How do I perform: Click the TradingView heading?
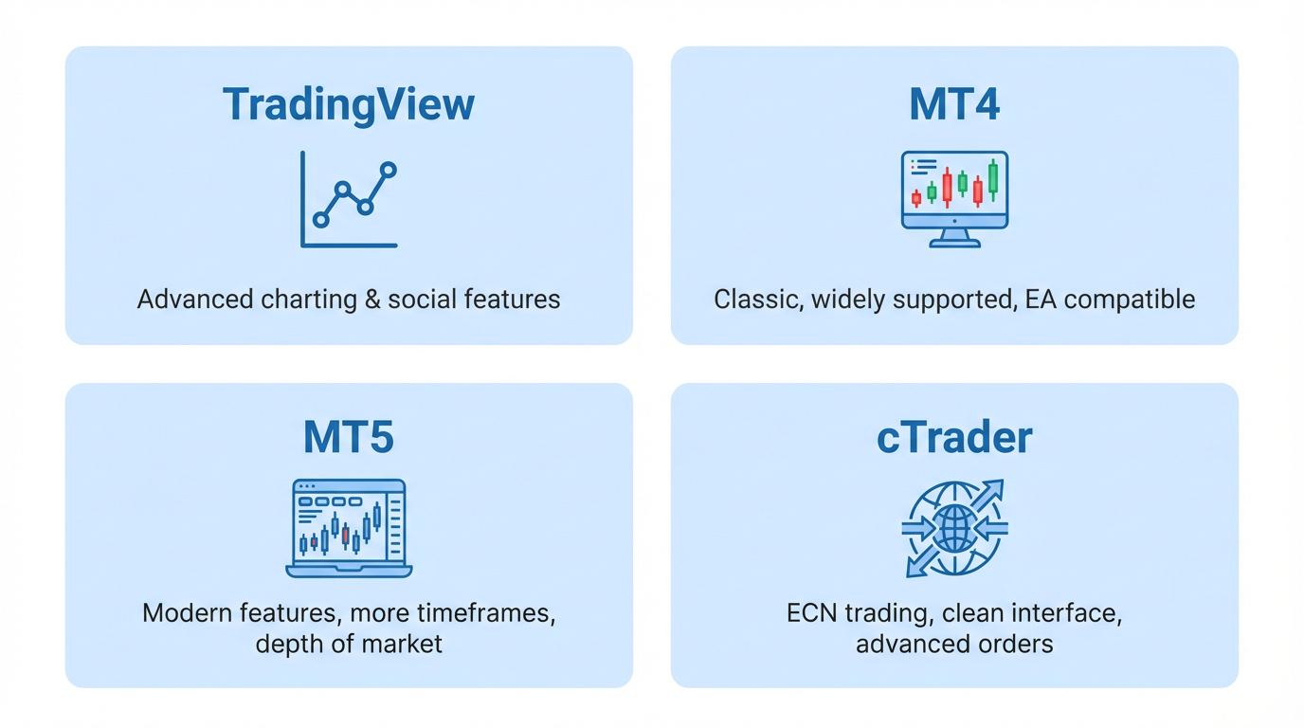349,104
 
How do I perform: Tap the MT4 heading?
954,104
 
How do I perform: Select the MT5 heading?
349,437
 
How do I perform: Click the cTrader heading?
954,437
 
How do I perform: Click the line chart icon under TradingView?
349,199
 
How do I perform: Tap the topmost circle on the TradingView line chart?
387,171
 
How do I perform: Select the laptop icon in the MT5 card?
349,528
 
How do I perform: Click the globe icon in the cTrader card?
954,528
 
